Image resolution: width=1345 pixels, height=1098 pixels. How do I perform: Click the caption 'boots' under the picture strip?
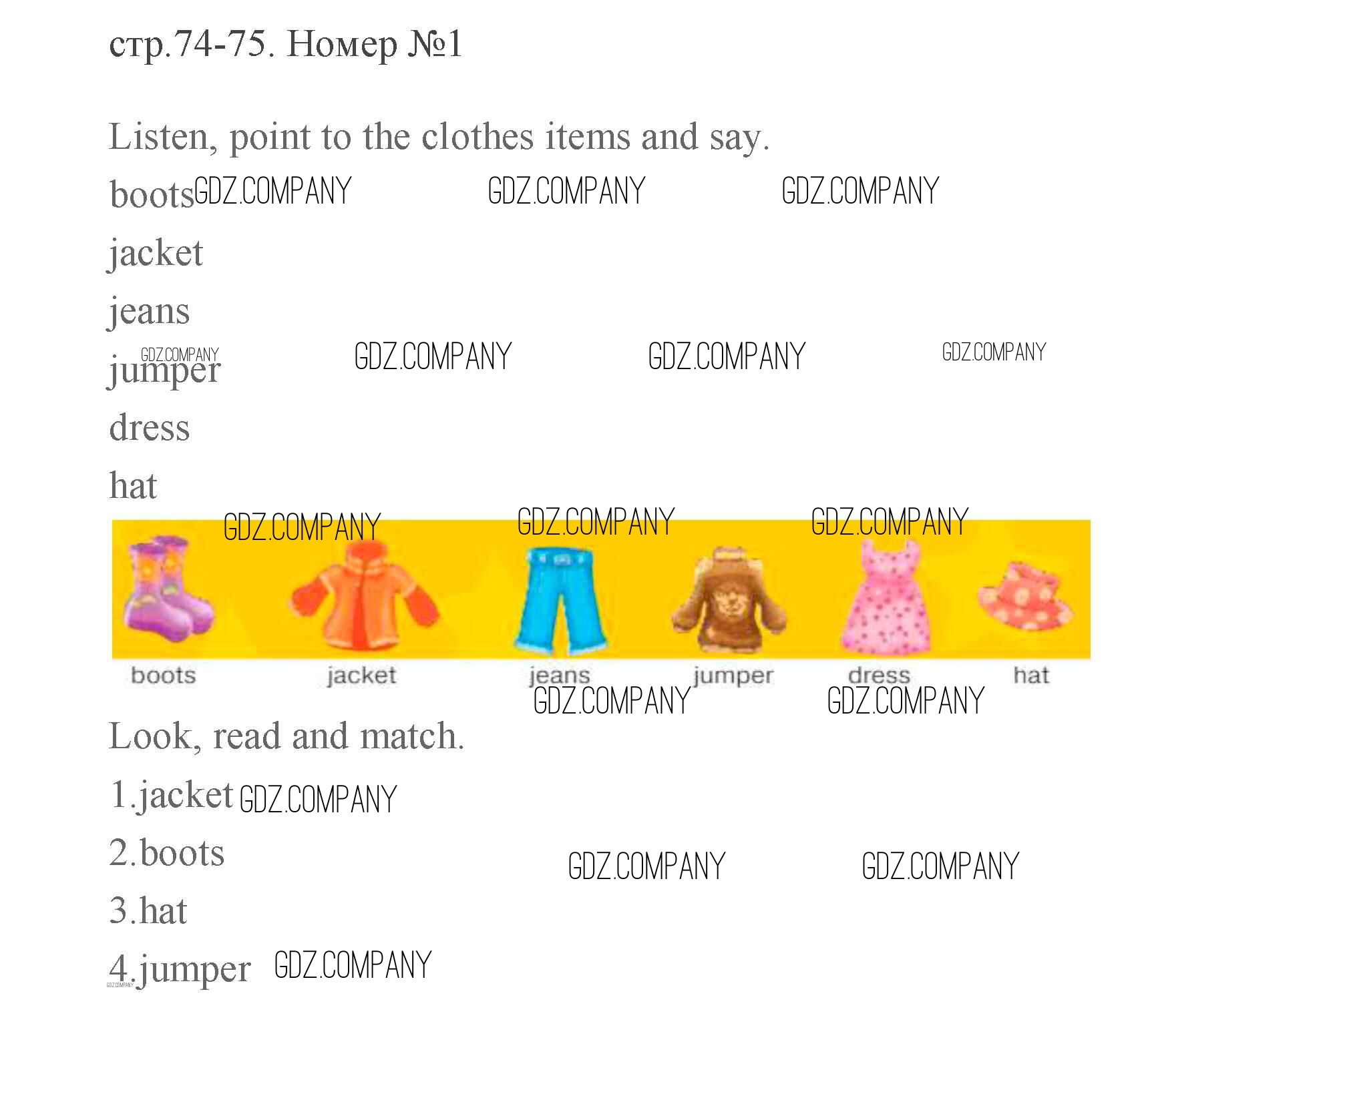point(164,675)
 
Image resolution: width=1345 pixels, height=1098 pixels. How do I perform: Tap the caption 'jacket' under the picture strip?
point(361,675)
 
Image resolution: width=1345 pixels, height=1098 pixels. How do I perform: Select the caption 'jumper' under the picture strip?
point(733,675)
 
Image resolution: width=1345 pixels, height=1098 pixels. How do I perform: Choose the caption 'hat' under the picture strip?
point(1031,675)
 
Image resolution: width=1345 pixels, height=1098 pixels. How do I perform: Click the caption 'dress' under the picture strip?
point(879,675)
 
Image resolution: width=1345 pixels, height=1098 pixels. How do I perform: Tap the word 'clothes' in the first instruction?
point(477,138)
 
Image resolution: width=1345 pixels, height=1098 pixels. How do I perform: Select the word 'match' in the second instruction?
point(411,737)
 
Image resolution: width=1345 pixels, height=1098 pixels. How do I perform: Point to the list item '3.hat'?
point(148,911)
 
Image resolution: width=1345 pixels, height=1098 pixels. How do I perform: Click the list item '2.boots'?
point(167,853)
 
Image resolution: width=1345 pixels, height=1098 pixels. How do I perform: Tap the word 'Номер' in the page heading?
point(342,45)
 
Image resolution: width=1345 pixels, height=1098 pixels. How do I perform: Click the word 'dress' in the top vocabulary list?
point(150,428)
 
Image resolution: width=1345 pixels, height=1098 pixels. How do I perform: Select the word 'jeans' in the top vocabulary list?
point(150,312)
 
